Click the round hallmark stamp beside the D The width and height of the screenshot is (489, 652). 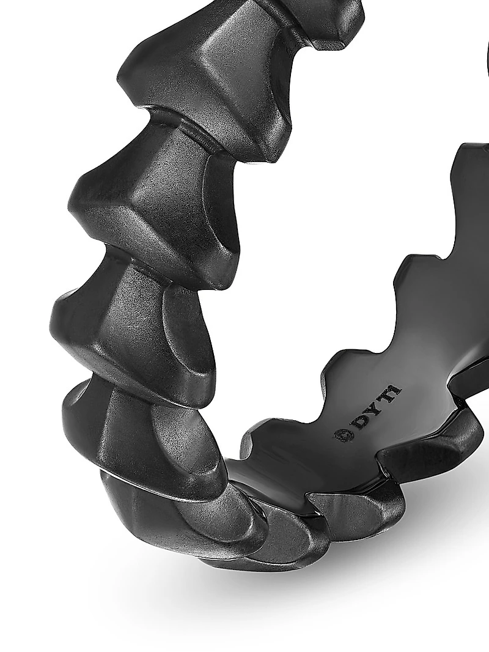tap(341, 435)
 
